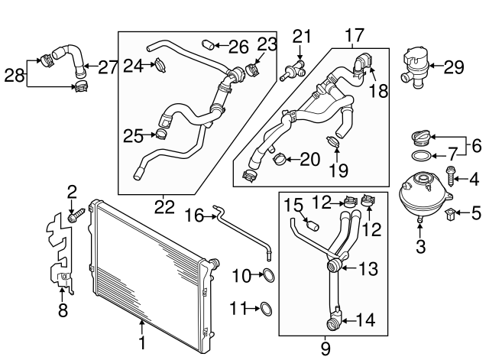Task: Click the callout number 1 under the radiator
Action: pyautogui.click(x=141, y=342)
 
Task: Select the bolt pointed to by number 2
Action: pyautogui.click(x=75, y=217)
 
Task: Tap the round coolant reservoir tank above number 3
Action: pyautogui.click(x=420, y=195)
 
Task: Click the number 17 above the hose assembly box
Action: pyautogui.click(x=354, y=35)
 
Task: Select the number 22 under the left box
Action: pyautogui.click(x=164, y=206)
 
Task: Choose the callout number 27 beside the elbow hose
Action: pyautogui.click(x=107, y=66)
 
